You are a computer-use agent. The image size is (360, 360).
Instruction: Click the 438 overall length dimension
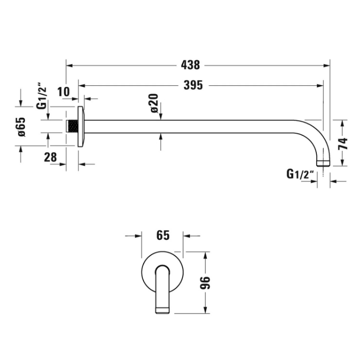point(190,65)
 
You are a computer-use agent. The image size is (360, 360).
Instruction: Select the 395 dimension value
point(193,85)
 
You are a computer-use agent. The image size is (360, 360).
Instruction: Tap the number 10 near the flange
point(63,92)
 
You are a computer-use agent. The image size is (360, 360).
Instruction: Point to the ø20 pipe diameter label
point(155,103)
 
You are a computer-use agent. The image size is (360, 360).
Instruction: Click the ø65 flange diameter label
point(22,127)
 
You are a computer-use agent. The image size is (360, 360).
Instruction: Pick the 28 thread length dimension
point(50,157)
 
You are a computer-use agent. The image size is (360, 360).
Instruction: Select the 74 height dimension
point(343,144)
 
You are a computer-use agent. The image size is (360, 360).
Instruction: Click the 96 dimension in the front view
point(205,283)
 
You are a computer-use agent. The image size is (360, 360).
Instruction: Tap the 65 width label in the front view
point(163,236)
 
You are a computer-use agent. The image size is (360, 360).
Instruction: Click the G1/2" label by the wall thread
point(42,98)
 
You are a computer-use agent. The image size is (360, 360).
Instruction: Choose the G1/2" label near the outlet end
point(300,174)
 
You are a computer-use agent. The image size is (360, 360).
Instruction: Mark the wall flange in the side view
point(81,127)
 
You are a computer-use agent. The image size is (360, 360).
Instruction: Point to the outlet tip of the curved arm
point(323,163)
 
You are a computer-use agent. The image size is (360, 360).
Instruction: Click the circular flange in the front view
point(163,272)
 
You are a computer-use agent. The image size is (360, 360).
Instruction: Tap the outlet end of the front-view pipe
point(163,310)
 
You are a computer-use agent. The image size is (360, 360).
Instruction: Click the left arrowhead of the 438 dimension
point(69,66)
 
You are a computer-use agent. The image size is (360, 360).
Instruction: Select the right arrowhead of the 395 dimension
point(320,86)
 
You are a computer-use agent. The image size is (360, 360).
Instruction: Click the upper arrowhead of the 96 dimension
point(206,255)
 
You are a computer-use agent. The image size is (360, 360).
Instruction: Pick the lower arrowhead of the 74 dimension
point(343,163)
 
